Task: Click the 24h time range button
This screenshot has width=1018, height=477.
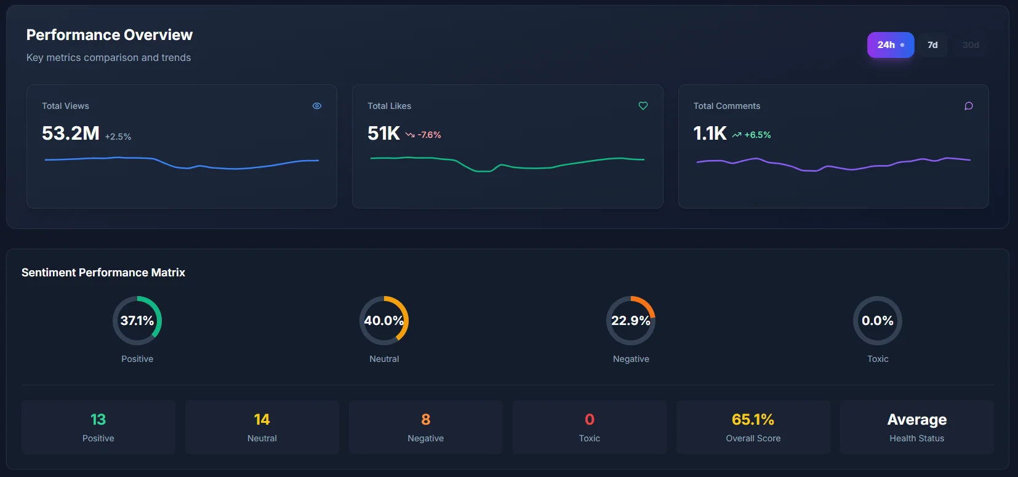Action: (890, 45)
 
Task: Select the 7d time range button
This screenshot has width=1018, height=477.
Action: (932, 45)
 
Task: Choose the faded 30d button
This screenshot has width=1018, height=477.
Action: (971, 45)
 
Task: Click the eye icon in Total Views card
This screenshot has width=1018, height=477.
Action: (317, 106)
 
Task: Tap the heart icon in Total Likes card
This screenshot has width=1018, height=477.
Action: (643, 106)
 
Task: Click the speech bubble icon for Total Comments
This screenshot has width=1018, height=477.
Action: (969, 106)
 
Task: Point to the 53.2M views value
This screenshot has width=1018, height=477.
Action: (71, 133)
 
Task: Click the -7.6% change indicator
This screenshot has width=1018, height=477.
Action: (423, 135)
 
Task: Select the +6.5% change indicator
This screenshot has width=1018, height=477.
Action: (751, 135)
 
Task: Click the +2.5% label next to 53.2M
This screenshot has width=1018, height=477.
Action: (118, 137)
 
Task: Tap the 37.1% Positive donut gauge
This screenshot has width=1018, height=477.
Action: (137, 321)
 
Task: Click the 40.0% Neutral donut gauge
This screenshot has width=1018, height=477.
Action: (384, 321)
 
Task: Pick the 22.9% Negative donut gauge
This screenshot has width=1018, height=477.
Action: (631, 321)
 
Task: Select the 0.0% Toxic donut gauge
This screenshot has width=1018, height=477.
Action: (878, 321)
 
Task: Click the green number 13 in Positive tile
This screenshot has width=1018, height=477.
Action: (98, 420)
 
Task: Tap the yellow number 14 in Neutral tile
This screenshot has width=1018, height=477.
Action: (262, 420)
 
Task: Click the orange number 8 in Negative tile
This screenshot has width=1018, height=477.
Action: (426, 420)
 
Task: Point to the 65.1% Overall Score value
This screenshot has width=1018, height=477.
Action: (753, 420)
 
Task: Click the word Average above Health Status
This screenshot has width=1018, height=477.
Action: (916, 420)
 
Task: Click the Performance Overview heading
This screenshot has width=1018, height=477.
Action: (110, 35)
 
